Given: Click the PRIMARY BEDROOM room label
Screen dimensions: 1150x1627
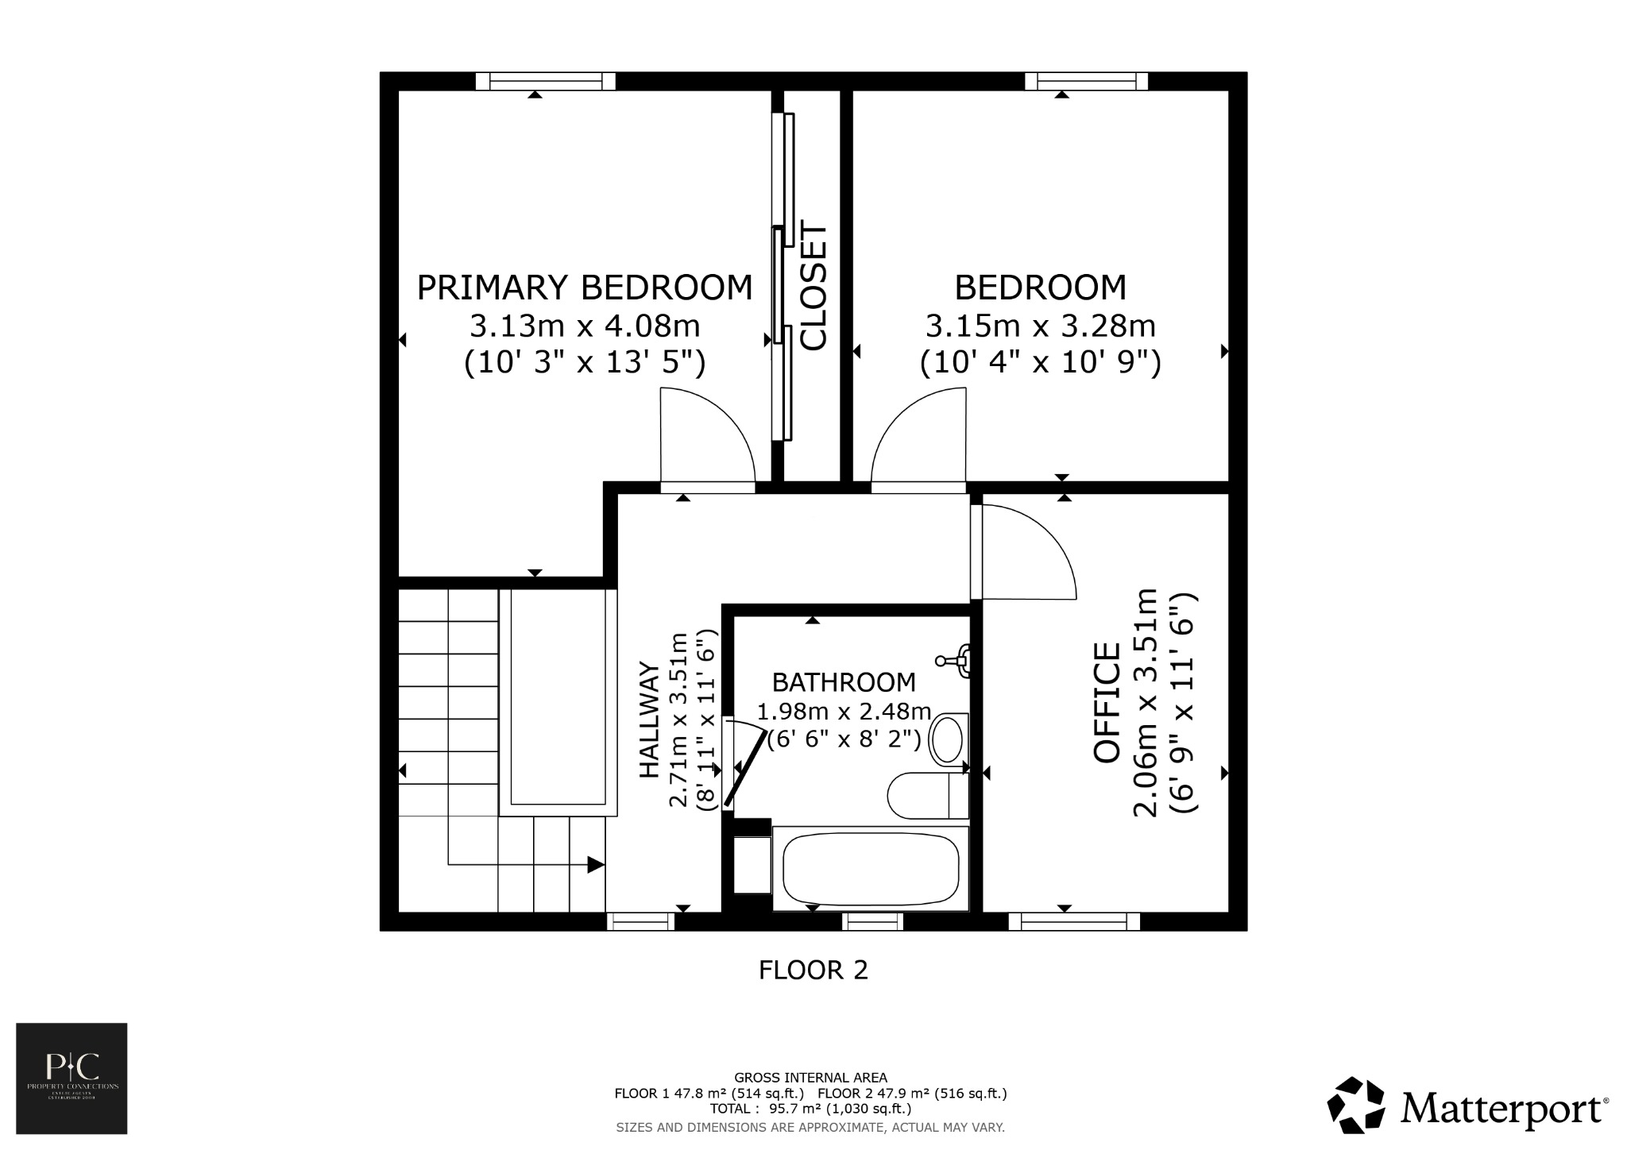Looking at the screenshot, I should click(x=584, y=287).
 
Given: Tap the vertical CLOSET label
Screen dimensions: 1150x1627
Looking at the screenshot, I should click(x=814, y=287).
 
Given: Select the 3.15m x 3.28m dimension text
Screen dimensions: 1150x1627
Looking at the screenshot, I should click(x=1040, y=326).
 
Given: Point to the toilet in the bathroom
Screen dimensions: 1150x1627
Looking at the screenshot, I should click(x=926, y=796).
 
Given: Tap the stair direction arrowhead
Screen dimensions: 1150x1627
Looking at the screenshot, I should click(x=595, y=864).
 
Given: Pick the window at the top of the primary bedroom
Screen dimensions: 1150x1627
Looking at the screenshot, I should click(x=546, y=80).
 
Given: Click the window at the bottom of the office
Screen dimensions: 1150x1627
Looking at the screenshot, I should click(x=1073, y=921).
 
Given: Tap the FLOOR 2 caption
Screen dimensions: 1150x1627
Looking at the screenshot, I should click(x=813, y=970).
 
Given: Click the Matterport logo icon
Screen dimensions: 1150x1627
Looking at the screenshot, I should click(x=1356, y=1105).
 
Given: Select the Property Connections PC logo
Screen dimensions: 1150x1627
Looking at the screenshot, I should click(x=71, y=1078).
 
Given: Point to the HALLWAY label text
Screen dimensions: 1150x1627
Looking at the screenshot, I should click(x=650, y=720).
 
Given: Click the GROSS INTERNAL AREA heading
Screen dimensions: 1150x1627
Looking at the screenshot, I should click(x=810, y=1078).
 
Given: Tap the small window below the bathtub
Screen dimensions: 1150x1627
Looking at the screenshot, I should click(x=872, y=921).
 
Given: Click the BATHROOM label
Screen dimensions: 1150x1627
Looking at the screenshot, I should click(x=844, y=682).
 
